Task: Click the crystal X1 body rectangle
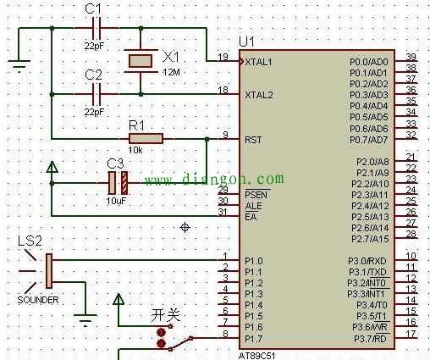(141, 61)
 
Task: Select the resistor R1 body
(146, 139)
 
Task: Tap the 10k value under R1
(135, 150)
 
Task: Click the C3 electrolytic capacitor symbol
(118, 183)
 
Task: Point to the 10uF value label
(116, 201)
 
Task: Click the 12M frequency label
(171, 72)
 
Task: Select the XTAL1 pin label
(258, 62)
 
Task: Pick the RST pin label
(253, 140)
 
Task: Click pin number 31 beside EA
(223, 212)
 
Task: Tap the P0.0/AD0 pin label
(369, 62)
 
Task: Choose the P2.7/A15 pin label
(370, 239)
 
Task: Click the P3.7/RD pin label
(370, 339)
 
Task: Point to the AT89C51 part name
(256, 356)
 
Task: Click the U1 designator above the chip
(246, 42)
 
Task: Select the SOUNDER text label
(38, 300)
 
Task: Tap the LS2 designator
(30, 241)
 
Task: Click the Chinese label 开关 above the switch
(165, 315)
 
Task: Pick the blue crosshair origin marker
(185, 227)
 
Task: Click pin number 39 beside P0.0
(411, 57)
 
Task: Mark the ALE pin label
(253, 206)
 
